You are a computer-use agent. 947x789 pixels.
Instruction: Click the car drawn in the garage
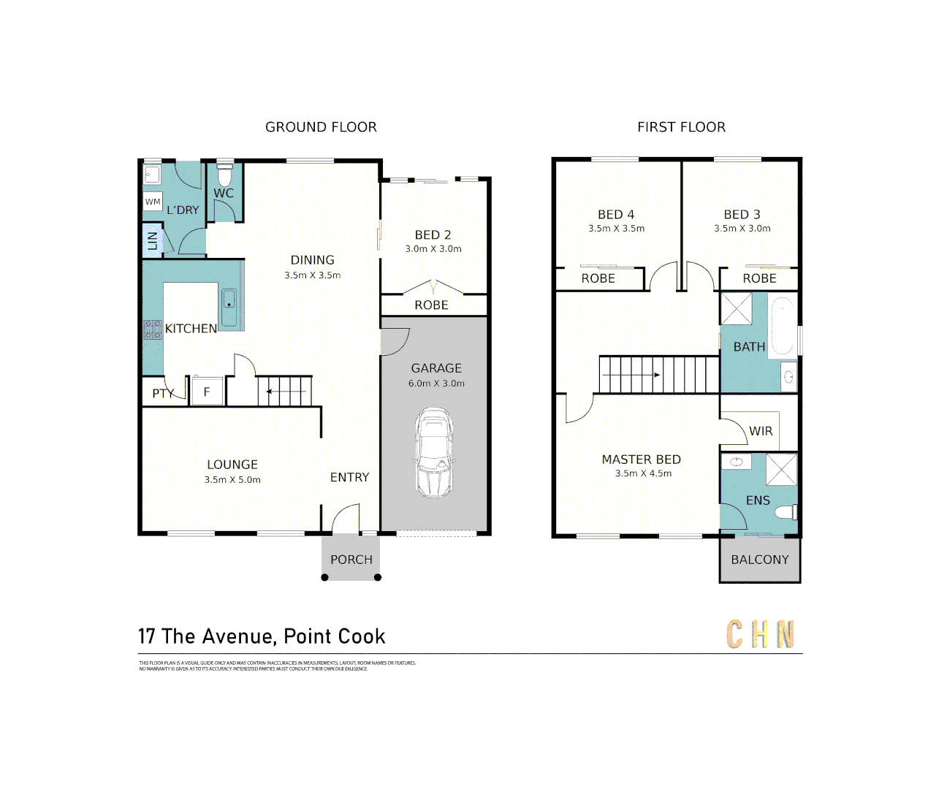tap(434, 453)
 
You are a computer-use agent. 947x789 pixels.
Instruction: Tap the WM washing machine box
tap(153, 202)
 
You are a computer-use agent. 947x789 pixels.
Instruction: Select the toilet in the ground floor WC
tap(224, 176)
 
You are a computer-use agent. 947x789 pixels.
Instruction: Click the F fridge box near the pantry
tap(206, 392)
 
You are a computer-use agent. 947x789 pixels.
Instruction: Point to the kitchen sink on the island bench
tap(229, 299)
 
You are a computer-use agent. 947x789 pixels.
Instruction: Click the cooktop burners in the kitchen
tap(153, 329)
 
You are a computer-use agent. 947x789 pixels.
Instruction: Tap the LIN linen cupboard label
tap(153, 240)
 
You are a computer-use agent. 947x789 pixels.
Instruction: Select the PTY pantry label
tap(163, 394)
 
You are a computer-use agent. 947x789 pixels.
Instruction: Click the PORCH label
tap(351, 560)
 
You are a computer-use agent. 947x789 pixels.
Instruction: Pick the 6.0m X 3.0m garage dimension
tap(436, 384)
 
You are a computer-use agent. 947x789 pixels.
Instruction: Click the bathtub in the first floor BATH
tap(783, 325)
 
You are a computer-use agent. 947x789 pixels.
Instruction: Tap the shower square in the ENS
tap(781, 469)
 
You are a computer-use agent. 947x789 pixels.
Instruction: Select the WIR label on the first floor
tap(761, 431)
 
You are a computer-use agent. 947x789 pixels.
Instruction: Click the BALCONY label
tap(760, 560)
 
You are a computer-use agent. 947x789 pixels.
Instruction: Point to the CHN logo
tap(761, 634)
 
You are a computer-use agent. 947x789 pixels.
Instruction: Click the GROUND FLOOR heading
tap(321, 127)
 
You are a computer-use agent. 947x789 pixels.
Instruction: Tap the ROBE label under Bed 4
tap(598, 278)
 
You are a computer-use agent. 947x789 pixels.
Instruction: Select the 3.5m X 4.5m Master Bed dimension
tap(643, 473)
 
